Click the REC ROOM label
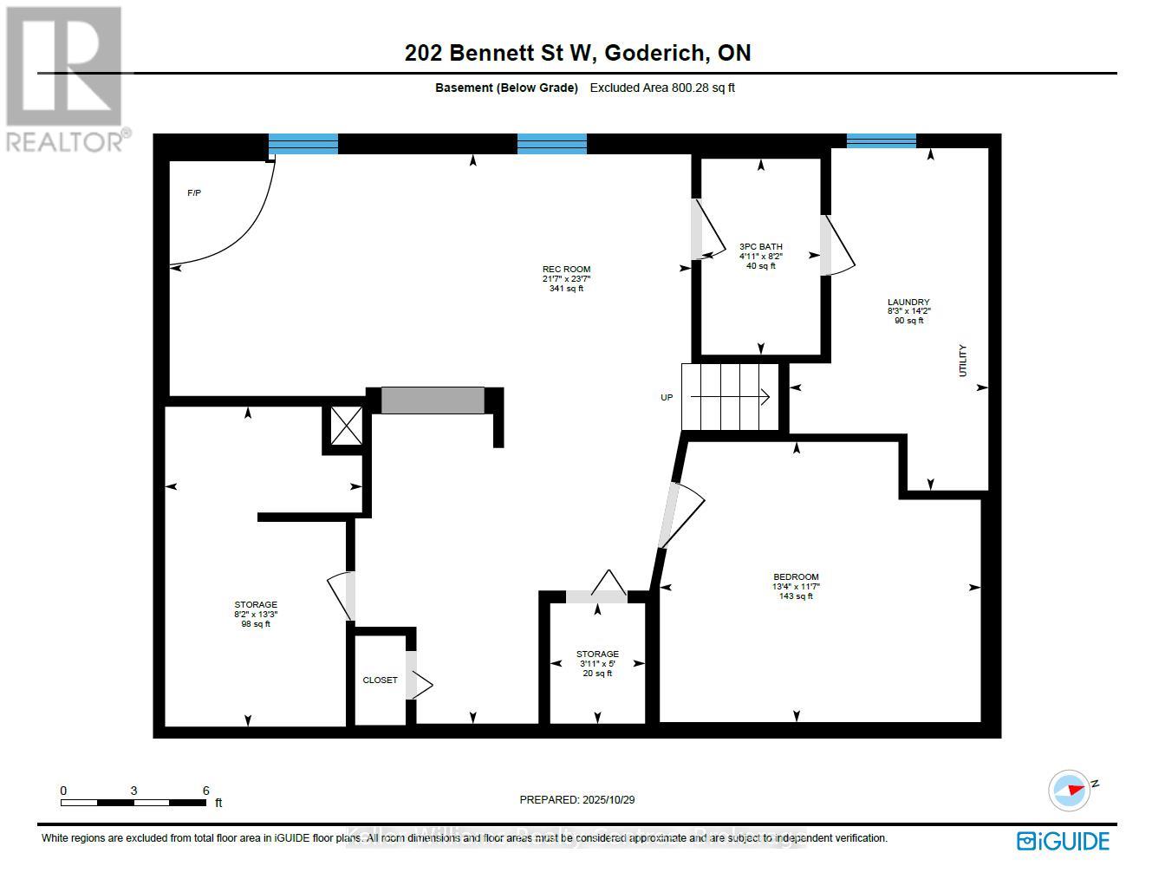pyautogui.click(x=566, y=270)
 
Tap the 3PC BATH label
pyautogui.click(x=760, y=246)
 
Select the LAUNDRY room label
pyautogui.click(x=908, y=303)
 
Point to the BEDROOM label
pyautogui.click(x=796, y=577)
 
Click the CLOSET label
pyautogui.click(x=380, y=680)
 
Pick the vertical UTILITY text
pyautogui.click(x=962, y=361)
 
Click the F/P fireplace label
pyautogui.click(x=194, y=193)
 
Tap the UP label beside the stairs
pyautogui.click(x=667, y=398)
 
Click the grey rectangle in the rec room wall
pyautogui.click(x=433, y=400)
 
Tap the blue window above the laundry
pyautogui.click(x=881, y=141)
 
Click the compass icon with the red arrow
pyautogui.click(x=1070, y=790)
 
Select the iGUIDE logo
pyautogui.click(x=1063, y=841)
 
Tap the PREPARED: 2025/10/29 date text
pyautogui.click(x=576, y=800)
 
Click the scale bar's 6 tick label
pyautogui.click(x=205, y=791)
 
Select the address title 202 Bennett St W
pyautogui.click(x=498, y=53)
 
